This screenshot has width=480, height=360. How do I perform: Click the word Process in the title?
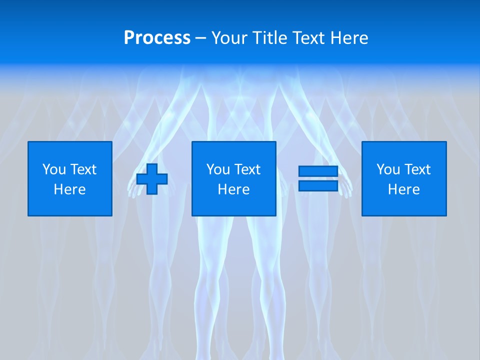click(157, 37)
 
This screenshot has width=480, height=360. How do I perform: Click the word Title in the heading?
click(270, 37)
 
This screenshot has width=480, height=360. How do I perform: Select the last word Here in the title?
click(349, 37)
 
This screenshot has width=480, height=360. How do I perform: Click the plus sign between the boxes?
click(152, 179)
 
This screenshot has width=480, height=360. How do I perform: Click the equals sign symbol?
click(318, 178)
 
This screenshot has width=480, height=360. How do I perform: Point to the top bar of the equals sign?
click(318, 171)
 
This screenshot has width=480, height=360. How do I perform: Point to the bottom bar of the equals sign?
click(318, 185)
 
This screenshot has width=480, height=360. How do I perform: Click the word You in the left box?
click(54, 169)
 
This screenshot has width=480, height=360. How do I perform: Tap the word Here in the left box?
click(70, 189)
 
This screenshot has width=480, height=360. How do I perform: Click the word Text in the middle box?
click(247, 169)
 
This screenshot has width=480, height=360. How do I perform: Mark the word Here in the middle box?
click(234, 189)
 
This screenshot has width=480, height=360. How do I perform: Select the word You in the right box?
click(388, 169)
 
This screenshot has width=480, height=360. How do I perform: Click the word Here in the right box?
click(404, 189)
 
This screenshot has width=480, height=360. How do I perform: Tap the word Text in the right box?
click(417, 169)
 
